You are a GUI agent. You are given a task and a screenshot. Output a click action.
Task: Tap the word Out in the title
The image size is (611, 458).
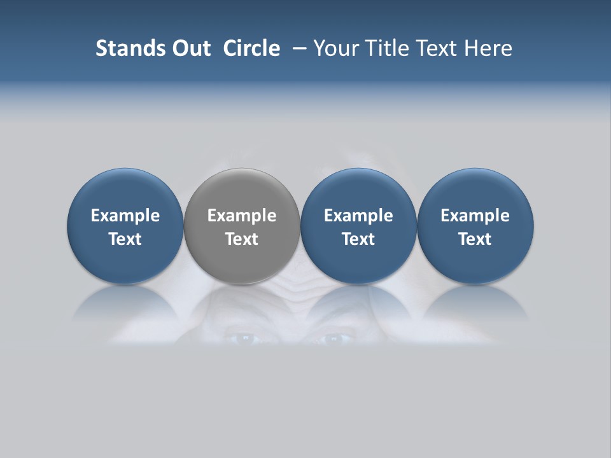[190, 48]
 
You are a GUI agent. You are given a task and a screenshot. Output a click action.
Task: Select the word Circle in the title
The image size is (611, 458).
[251, 48]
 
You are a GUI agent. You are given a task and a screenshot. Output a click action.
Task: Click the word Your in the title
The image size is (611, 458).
[335, 48]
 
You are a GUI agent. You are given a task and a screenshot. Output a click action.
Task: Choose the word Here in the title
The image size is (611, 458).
[488, 48]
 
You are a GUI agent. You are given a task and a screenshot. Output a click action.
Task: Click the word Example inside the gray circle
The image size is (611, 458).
[242, 216]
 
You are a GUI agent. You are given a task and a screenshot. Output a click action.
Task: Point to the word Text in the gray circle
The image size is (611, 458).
[242, 239]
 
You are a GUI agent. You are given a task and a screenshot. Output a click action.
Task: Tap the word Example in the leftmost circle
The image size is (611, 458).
[125, 216]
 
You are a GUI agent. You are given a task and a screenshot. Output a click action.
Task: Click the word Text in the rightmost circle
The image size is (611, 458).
[475, 239]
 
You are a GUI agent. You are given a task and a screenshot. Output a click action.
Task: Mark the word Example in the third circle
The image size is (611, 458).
[358, 216]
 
